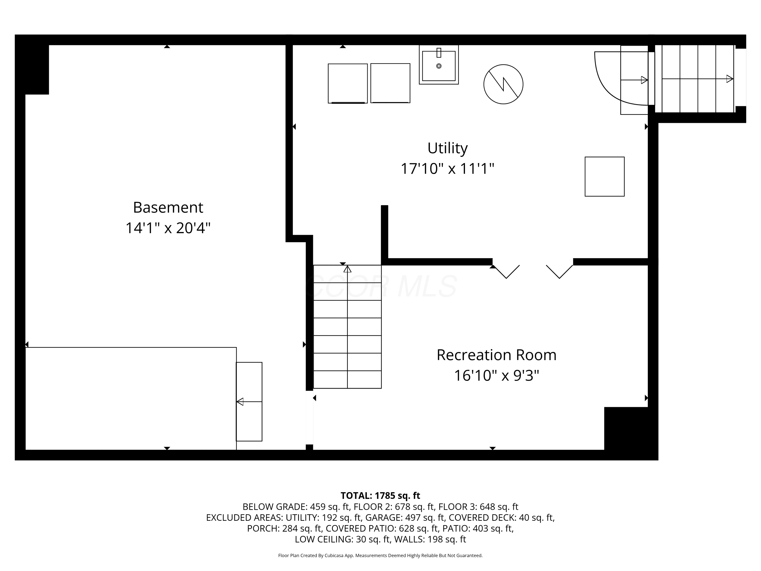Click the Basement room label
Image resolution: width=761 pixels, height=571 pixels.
(168, 208)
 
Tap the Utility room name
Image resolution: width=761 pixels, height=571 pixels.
(447, 148)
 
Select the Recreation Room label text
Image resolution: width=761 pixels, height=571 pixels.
(496, 355)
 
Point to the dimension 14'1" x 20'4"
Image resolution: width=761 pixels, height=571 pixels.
(168, 228)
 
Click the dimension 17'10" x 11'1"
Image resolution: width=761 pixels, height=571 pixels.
(447, 169)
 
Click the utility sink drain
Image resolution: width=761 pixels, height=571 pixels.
(439, 66)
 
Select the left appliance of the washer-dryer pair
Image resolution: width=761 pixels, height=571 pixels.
(348, 83)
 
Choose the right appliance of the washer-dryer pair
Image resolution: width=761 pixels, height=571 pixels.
(390, 83)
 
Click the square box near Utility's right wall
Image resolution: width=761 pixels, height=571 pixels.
(604, 177)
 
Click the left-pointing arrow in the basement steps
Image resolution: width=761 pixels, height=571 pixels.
(249, 402)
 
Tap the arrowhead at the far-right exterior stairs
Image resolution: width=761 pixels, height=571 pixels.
(730, 79)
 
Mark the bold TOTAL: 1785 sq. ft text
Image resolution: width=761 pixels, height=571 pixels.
(380, 496)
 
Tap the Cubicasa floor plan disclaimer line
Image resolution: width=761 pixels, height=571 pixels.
(380, 556)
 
